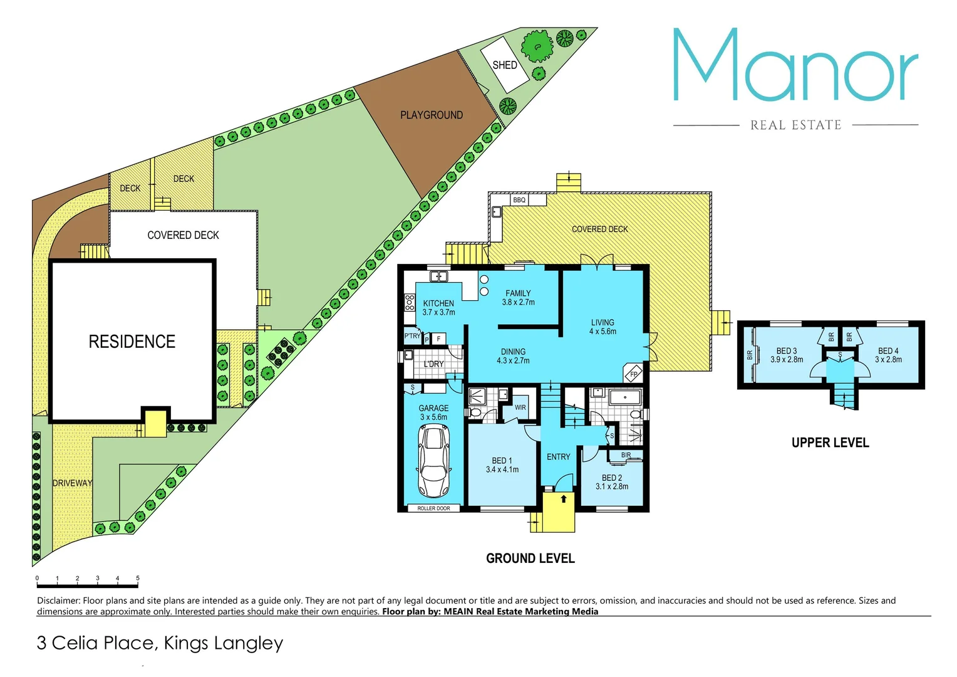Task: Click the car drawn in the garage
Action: (x=433, y=461)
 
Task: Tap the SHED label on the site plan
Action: (x=504, y=65)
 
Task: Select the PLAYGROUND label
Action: (x=432, y=115)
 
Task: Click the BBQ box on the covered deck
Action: (x=519, y=200)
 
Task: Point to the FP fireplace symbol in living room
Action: (x=633, y=374)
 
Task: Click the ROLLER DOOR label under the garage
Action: (x=433, y=508)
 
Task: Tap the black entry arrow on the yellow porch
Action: (x=564, y=499)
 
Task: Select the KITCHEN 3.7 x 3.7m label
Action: (x=438, y=308)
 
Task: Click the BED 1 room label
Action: (x=502, y=464)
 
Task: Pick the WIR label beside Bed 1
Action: (x=520, y=407)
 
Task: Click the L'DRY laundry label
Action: (x=433, y=364)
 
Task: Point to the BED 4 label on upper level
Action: (x=888, y=355)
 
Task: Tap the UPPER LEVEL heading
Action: (x=830, y=443)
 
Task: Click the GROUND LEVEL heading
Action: (x=530, y=559)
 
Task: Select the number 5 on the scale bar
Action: (x=138, y=578)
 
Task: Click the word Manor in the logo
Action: (x=795, y=66)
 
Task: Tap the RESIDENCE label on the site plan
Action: (x=132, y=342)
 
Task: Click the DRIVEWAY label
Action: (x=72, y=483)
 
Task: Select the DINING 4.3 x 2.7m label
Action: (x=513, y=356)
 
